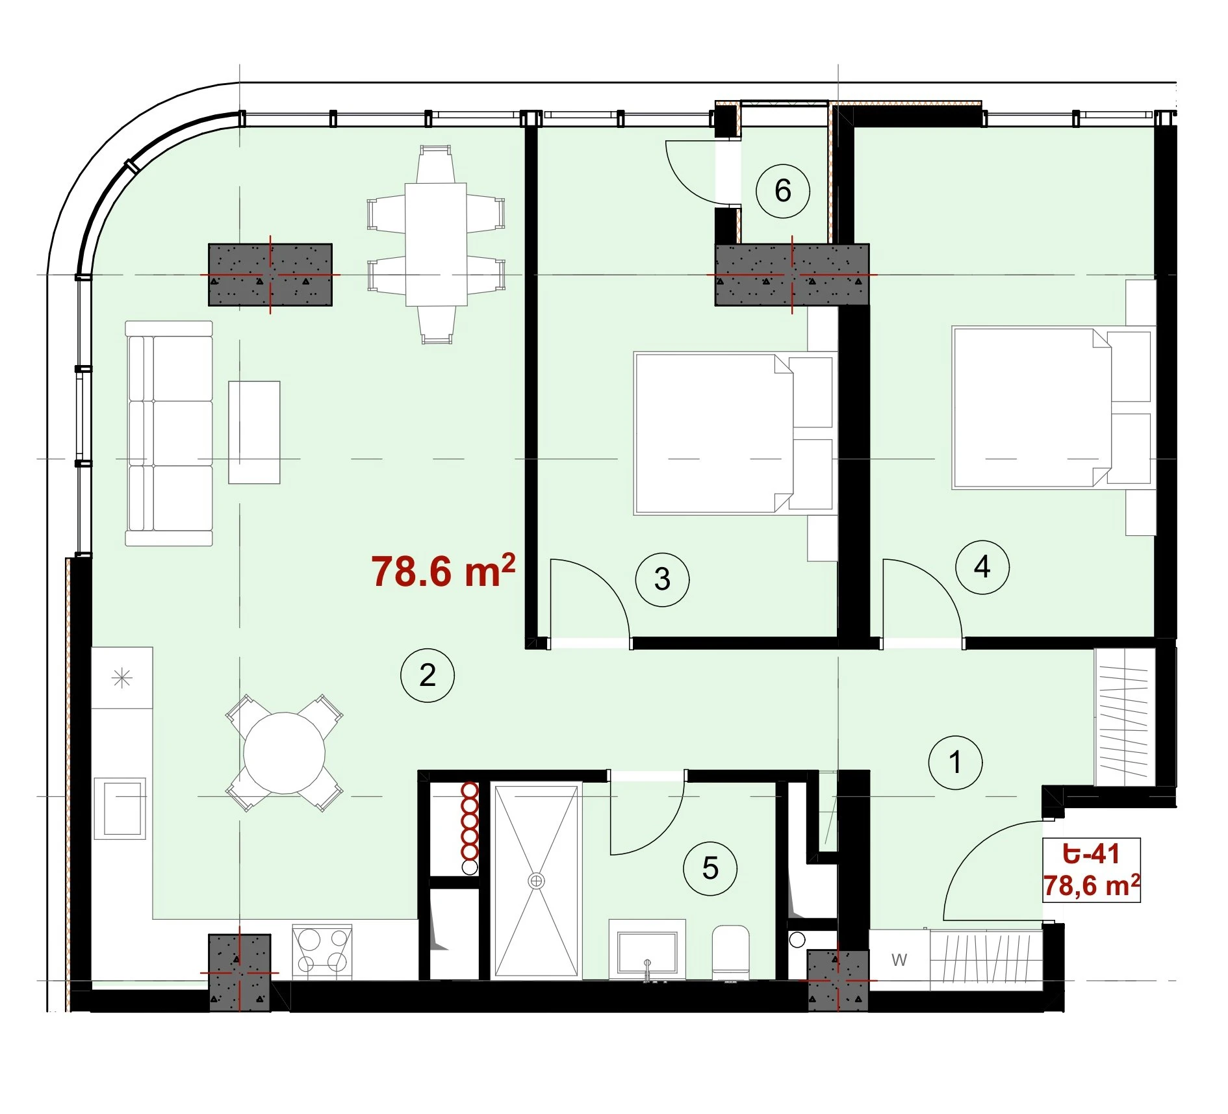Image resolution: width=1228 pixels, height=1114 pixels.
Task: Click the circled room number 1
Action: click(x=955, y=763)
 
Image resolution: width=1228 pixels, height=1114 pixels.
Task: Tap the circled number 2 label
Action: click(x=427, y=676)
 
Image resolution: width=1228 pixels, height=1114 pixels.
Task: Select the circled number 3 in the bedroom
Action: click(x=662, y=579)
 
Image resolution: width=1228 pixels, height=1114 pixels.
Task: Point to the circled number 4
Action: click(x=982, y=567)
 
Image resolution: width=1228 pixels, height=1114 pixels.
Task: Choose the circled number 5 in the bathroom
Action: click(x=710, y=868)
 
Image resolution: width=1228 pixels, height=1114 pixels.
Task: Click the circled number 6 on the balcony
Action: click(x=783, y=191)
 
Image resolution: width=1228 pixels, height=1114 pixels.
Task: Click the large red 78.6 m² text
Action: click(x=444, y=571)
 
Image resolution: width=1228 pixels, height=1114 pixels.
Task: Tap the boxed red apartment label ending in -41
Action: click(x=1092, y=870)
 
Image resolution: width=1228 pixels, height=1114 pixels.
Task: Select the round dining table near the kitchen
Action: click(x=284, y=753)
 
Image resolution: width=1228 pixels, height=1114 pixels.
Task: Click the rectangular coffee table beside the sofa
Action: click(x=254, y=433)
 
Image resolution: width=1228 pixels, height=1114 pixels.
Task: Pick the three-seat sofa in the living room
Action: click(x=169, y=433)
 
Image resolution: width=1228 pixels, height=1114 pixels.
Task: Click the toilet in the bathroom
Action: click(x=731, y=952)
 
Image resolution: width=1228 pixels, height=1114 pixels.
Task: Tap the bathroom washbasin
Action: click(x=647, y=950)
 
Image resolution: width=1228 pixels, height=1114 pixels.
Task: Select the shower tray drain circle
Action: click(x=536, y=881)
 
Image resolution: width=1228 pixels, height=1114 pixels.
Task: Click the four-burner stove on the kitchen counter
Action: click(x=322, y=952)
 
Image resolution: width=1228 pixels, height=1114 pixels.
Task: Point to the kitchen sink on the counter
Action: click(x=120, y=809)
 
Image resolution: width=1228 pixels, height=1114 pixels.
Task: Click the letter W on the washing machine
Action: click(x=899, y=959)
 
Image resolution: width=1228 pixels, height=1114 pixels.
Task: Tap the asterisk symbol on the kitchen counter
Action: click(x=122, y=679)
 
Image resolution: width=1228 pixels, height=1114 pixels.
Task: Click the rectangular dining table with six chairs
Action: click(x=436, y=244)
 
